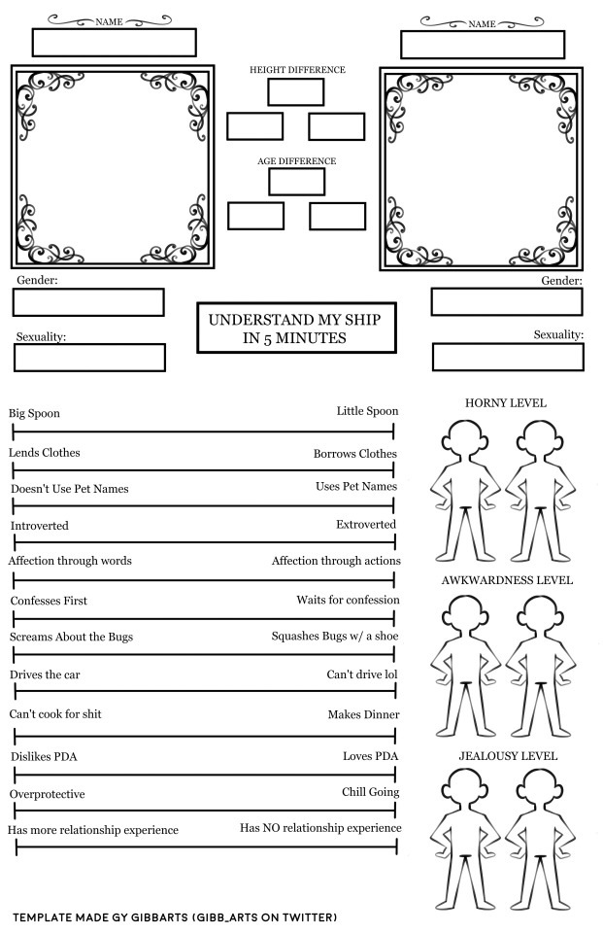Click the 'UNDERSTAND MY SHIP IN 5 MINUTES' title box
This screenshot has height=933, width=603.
click(x=296, y=328)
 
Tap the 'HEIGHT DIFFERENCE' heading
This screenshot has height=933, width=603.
click(x=297, y=70)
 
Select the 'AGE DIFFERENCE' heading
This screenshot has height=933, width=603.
click(x=296, y=161)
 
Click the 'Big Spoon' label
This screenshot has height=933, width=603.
click(x=35, y=413)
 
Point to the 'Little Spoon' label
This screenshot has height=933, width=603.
click(x=367, y=411)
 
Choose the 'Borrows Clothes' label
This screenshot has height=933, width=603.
click(x=354, y=454)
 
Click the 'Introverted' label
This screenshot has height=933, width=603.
click(x=40, y=526)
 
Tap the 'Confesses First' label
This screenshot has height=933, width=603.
click(x=49, y=601)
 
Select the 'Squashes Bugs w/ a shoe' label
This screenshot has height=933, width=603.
click(x=335, y=636)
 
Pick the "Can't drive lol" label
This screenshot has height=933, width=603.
click(x=362, y=674)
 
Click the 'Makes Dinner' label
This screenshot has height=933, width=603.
click(x=363, y=714)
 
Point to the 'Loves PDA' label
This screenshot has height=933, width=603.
click(x=370, y=755)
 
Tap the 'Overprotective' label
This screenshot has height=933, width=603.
click(x=48, y=794)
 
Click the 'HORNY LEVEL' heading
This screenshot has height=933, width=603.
click(x=505, y=402)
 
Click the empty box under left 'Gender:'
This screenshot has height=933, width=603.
click(x=88, y=302)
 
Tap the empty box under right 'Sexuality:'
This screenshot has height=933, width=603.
click(x=507, y=357)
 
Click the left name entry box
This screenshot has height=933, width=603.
click(x=114, y=43)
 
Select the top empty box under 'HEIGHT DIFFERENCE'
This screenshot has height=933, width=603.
click(x=295, y=92)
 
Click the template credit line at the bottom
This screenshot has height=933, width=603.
click(x=175, y=916)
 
